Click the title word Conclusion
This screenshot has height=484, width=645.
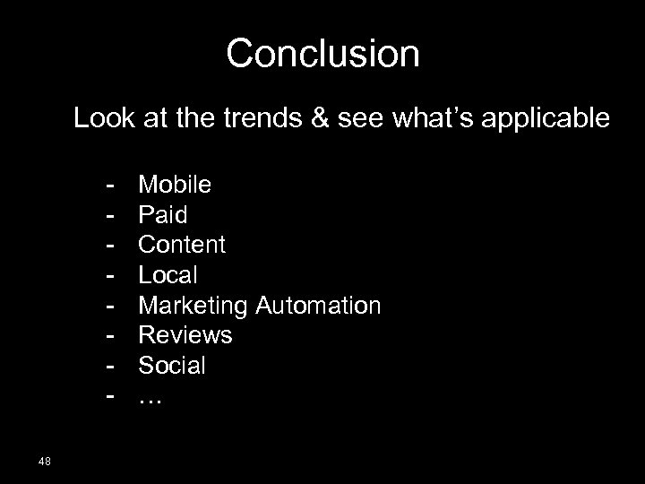point(322,54)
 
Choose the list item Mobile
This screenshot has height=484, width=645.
point(175,185)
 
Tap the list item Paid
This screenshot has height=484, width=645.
point(162,215)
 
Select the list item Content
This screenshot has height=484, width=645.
point(182,245)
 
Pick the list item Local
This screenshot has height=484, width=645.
point(168,275)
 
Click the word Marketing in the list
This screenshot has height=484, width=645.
point(193,306)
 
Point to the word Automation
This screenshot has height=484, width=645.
point(318,306)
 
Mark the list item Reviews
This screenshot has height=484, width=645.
point(185,335)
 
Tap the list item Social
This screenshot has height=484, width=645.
point(172,366)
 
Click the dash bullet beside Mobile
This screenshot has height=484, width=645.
point(109,186)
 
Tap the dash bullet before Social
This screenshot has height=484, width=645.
point(109,367)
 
